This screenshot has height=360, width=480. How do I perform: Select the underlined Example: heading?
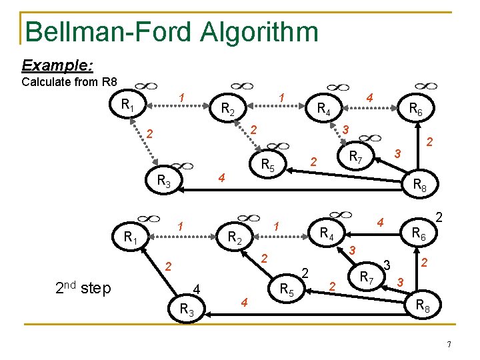tap(57, 65)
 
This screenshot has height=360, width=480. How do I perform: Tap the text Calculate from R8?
tap(69, 83)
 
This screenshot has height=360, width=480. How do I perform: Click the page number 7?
tap(449, 344)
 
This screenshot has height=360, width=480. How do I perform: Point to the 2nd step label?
tap(84, 288)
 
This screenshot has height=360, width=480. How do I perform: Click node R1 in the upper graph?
tap(127, 105)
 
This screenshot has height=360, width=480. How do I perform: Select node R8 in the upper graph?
tap(421, 186)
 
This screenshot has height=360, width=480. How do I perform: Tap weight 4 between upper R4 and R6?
tap(369, 98)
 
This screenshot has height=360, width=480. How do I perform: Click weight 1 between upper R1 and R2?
tap(182, 97)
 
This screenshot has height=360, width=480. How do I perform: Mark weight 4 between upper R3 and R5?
tap(223, 178)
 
